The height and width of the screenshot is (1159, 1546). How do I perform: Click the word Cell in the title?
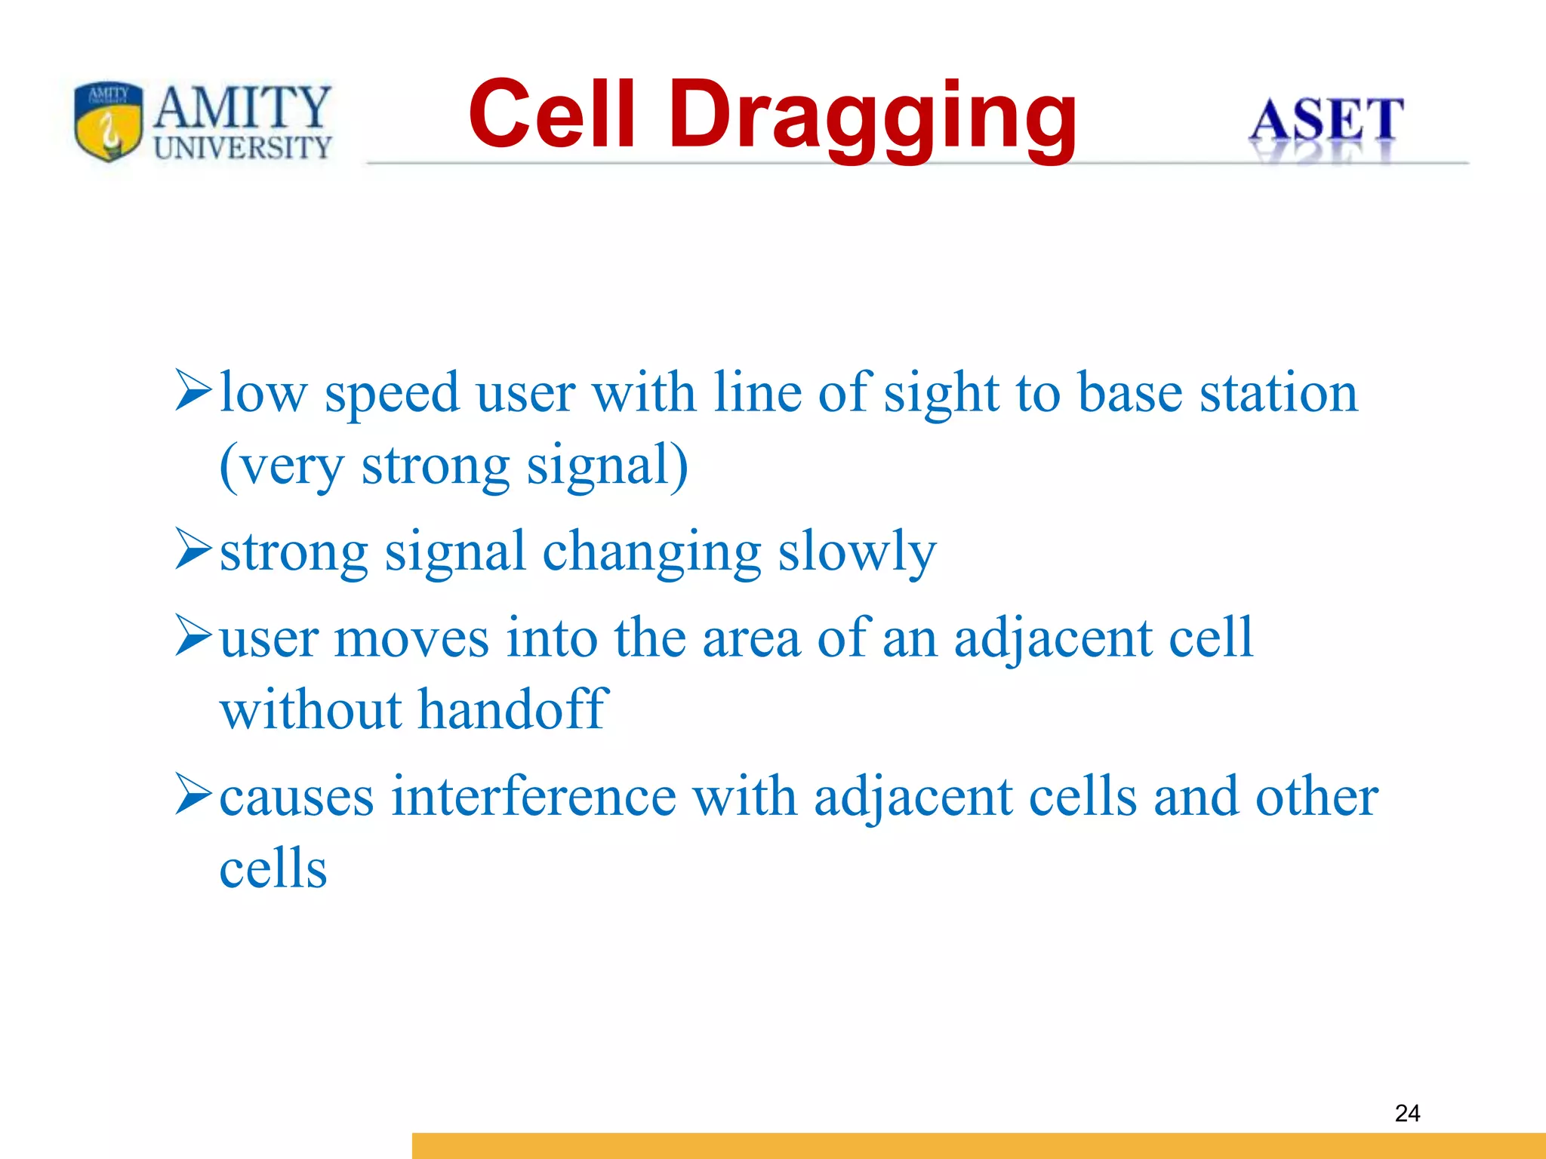[x=552, y=115]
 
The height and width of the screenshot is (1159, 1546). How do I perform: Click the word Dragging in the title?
[x=872, y=117]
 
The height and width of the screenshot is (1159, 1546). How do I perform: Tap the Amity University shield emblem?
[x=109, y=121]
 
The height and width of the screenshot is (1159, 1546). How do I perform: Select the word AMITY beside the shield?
[x=242, y=107]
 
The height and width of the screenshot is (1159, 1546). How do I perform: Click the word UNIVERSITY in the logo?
[x=242, y=147]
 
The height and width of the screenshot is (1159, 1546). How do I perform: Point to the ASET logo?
[x=1326, y=121]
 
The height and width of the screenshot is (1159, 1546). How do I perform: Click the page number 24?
[x=1407, y=1113]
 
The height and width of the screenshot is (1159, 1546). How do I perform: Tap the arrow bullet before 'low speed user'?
[x=192, y=390]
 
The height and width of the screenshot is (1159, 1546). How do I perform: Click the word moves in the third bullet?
[x=411, y=639]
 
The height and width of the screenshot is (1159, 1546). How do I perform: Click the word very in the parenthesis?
[x=291, y=468]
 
